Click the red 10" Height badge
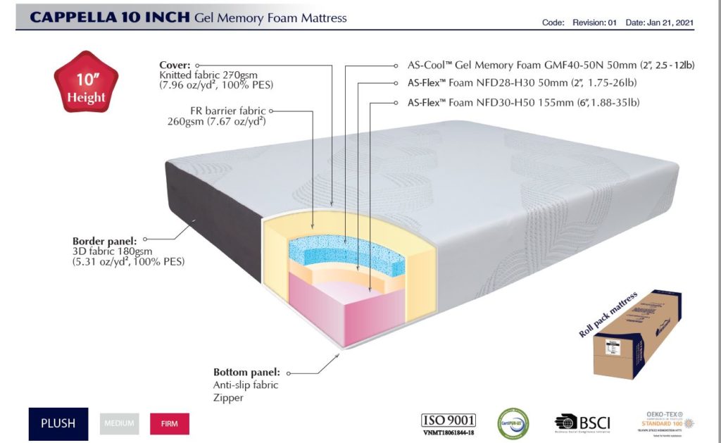click(x=86, y=87)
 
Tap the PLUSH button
click(x=58, y=424)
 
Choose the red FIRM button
click(x=170, y=424)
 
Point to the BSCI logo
click(x=582, y=423)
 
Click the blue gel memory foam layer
click(x=345, y=252)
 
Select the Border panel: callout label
click(x=105, y=240)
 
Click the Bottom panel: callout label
click(x=246, y=373)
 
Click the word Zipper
click(x=228, y=398)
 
